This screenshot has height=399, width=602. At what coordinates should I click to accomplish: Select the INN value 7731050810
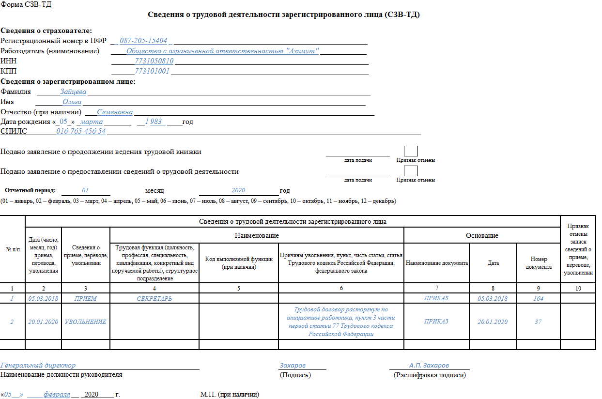pos(154,61)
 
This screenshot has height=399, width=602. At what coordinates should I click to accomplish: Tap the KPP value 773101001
pos(152,71)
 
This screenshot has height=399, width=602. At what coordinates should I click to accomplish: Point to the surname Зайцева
pos(73,92)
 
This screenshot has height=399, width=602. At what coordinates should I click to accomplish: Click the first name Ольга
pos(72,102)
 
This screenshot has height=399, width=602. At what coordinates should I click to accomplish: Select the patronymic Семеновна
pos(115,112)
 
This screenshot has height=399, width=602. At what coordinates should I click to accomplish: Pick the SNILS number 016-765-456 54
pos(81,131)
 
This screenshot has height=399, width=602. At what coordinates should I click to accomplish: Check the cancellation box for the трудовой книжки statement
pos(411,151)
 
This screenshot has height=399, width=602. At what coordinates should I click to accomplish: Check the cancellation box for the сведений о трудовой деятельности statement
pos(411,171)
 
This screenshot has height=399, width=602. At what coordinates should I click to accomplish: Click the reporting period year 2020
pos(239,191)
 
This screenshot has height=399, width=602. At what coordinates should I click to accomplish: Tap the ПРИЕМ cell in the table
pos(85,299)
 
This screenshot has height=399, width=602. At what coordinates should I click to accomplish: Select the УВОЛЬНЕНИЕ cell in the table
pos(85,322)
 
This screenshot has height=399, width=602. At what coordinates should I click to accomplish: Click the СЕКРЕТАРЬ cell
pos(154,299)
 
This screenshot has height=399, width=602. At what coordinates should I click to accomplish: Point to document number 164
pos(538,299)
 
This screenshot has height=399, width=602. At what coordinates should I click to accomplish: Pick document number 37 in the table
pos(538,322)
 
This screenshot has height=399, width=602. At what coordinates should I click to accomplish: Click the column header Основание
pos(482,235)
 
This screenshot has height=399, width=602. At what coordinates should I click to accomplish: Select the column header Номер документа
pos(538,263)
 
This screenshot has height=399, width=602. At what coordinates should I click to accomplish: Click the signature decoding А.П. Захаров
pos(429,365)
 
